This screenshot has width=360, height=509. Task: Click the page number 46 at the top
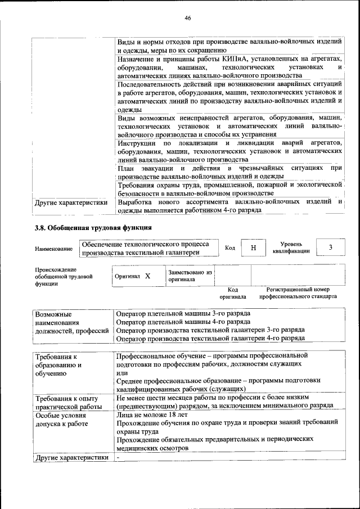(x=187, y=18)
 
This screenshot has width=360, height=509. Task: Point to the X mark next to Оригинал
(x=148, y=276)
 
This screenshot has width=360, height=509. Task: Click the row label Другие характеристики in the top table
(x=71, y=203)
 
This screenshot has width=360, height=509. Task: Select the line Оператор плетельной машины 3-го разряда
(x=183, y=313)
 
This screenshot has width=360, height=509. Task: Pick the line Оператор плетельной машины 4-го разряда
(x=183, y=322)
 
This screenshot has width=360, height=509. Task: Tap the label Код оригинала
(x=233, y=292)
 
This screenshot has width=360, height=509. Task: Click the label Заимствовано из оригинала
(x=190, y=275)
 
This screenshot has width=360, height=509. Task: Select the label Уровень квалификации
(x=291, y=247)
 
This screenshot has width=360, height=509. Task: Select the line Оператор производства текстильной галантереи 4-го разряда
(x=210, y=339)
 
